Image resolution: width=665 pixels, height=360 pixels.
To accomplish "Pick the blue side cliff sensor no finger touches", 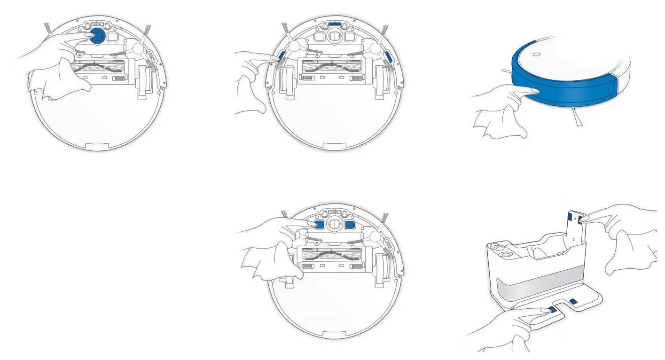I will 389,57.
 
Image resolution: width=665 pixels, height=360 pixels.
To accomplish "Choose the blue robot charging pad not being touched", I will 350,225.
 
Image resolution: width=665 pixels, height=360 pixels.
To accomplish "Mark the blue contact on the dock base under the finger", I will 552,310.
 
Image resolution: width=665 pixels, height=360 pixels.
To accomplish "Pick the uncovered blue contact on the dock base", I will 574,301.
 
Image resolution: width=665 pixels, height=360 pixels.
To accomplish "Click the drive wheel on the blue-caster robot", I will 145,82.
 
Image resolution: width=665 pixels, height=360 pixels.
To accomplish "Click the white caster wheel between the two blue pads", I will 334,225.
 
